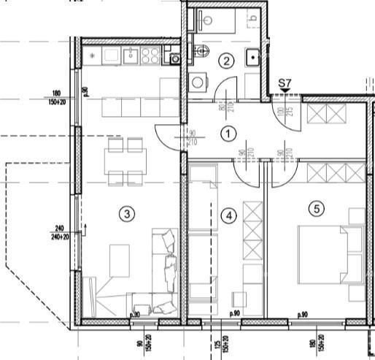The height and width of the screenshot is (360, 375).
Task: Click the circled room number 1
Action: click(x=229, y=134)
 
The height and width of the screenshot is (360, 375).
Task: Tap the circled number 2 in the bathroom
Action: click(x=227, y=61)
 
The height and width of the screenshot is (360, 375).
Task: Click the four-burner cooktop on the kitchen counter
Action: click(x=150, y=55)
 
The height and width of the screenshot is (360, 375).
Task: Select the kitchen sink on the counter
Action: click(x=131, y=55)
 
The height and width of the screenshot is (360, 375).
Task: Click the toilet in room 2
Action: click(x=202, y=50)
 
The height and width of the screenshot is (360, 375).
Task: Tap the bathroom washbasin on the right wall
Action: click(x=252, y=54)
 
